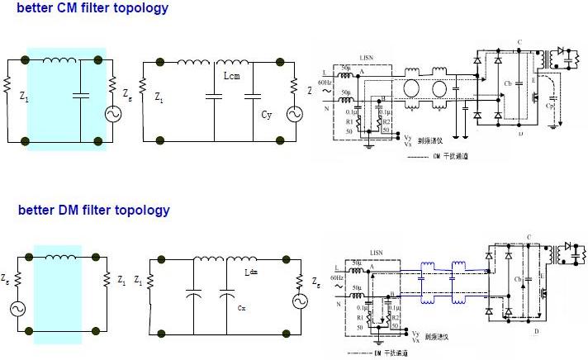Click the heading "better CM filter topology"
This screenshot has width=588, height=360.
tap(92, 8)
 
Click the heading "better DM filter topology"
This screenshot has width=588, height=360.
tap(93, 210)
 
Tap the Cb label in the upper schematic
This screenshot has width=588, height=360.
tap(507, 84)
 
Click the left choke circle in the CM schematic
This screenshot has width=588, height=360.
tap(407, 89)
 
